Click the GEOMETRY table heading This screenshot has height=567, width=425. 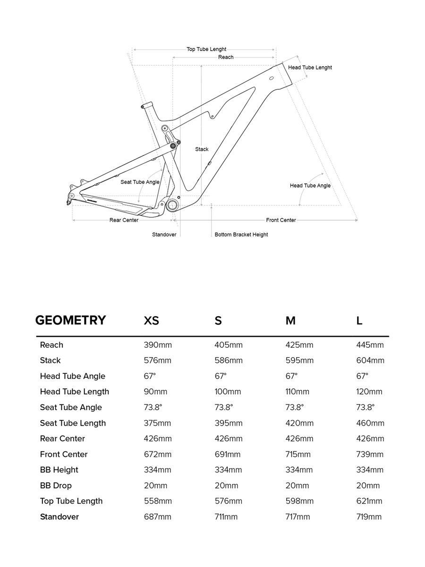click(70, 320)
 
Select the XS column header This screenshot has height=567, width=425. click(151, 321)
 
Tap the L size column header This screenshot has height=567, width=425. click(359, 321)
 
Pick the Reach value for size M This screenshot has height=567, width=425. click(299, 345)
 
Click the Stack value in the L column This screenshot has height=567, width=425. click(370, 361)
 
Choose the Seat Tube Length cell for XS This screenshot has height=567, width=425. click(158, 423)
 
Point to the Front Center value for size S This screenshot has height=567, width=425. click(228, 454)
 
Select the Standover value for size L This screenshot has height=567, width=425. click(369, 516)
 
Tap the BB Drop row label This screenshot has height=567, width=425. click(56, 485)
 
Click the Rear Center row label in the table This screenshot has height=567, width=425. click(62, 438)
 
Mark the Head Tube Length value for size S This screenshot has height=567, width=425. click(228, 392)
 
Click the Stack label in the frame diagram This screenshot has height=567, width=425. click(202, 149)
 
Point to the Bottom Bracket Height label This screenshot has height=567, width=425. click(241, 234)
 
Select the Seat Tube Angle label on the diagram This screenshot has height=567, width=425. click(140, 182)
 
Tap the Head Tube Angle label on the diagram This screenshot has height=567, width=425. click(310, 186)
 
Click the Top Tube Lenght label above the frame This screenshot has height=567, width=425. click(206, 49)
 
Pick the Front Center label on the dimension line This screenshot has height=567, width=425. click(281, 220)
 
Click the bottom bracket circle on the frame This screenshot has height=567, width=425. click(172, 205)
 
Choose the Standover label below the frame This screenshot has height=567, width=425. click(164, 234)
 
